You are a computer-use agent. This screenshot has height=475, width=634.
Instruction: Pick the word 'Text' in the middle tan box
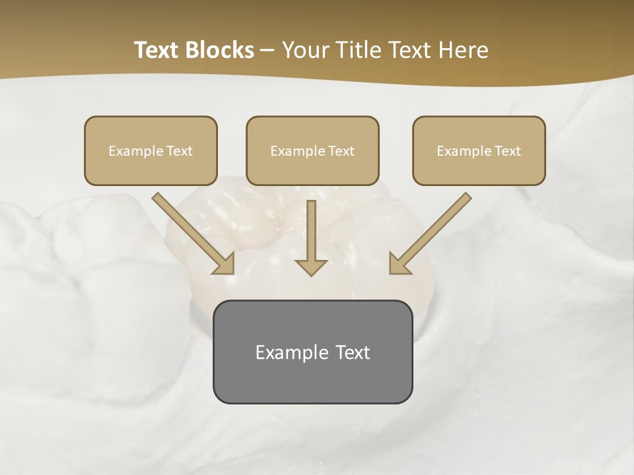[x=341, y=151]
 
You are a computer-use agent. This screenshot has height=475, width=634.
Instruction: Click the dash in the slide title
[x=268, y=51]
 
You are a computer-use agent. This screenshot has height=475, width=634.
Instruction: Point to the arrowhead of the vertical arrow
[x=311, y=267]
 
